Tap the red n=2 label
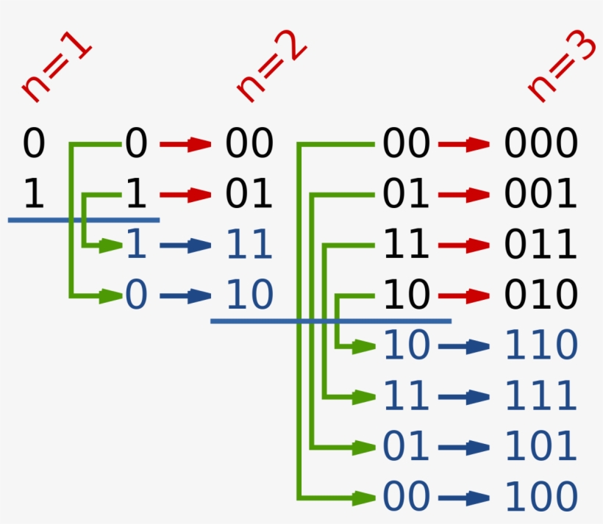pos(271,71)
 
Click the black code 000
pos(540,144)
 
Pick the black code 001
pos(540,194)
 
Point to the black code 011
pos(540,245)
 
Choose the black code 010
pos(540,295)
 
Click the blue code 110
pos(540,345)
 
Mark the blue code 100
pos(540,498)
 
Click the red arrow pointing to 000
pos(464,145)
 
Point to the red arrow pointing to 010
pos(464,296)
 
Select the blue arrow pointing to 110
pos(464,346)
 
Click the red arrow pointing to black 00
pos(186,145)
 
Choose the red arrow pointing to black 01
pos(186,195)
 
